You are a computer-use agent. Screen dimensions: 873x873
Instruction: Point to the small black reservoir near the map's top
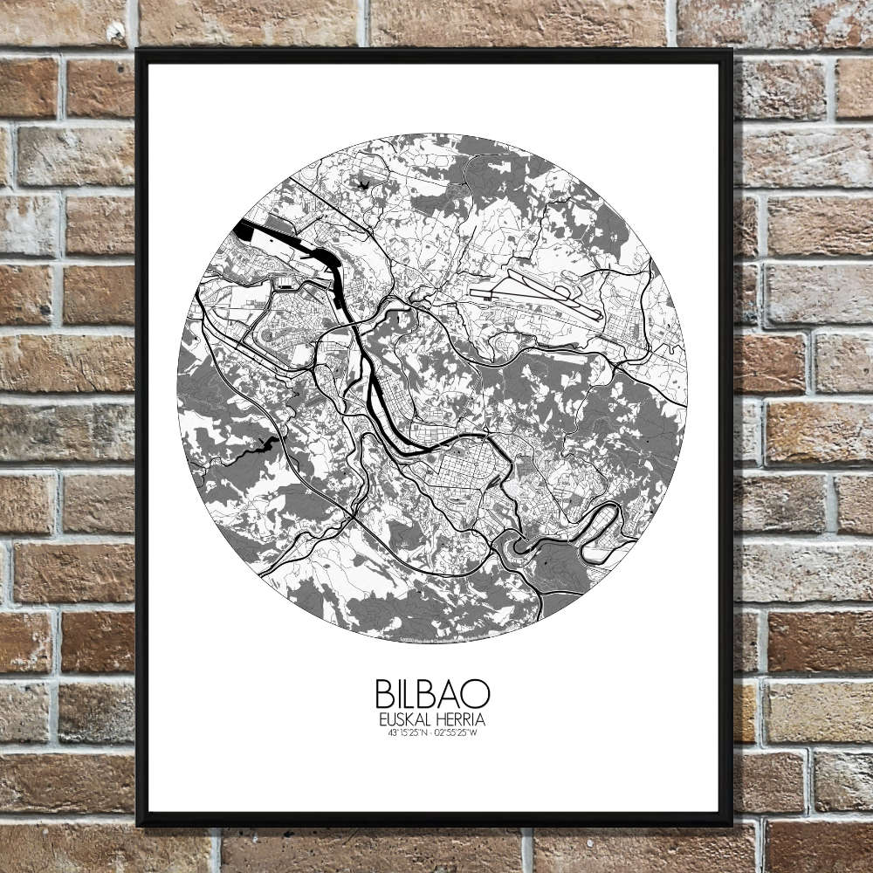361,184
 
